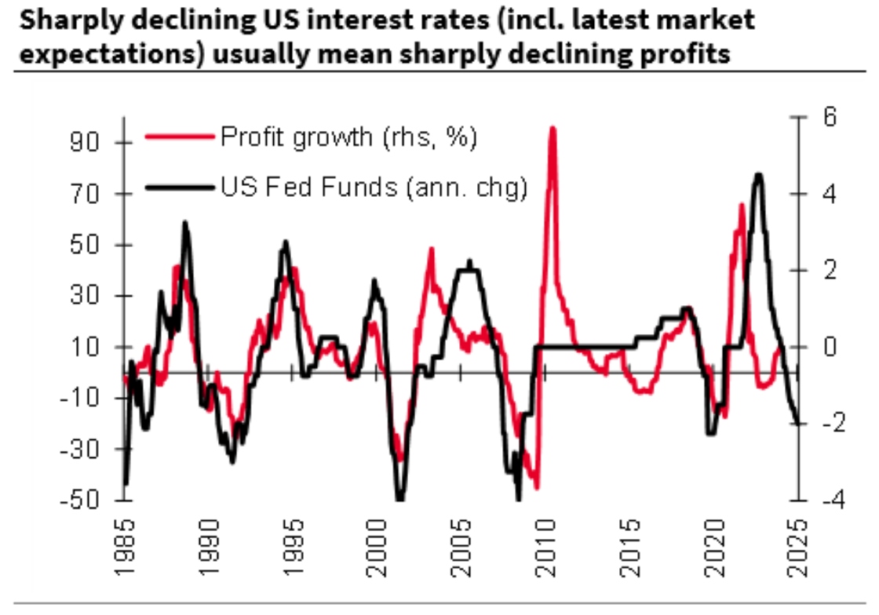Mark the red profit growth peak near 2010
coord(553,128)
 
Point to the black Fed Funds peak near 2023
coord(758,175)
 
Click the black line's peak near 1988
coord(185,223)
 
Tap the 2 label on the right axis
coord(824,270)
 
